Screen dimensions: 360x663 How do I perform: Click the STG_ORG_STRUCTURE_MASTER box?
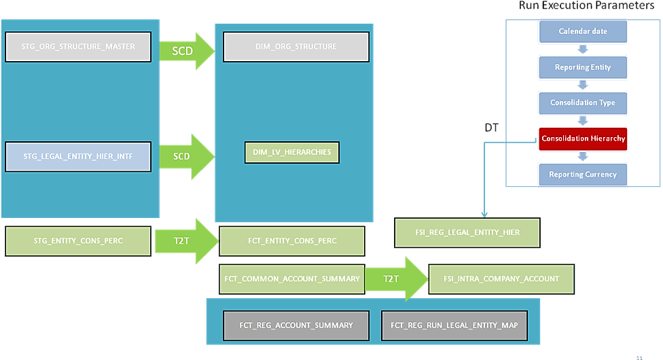tap(78, 47)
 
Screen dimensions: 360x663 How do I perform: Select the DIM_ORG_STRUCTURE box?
tap(295, 47)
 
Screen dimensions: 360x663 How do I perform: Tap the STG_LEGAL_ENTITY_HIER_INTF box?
tap(78, 156)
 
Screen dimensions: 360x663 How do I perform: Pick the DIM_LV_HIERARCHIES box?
tap(291, 152)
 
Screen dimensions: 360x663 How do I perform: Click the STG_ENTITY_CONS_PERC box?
tap(78, 241)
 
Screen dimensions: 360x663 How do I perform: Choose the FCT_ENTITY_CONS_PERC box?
tap(292, 241)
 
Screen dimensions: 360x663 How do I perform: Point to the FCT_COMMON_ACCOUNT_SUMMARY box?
tap(292, 279)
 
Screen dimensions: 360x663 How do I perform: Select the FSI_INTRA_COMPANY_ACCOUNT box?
tap(501, 279)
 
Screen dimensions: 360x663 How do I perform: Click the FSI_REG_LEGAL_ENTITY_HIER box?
tap(467, 232)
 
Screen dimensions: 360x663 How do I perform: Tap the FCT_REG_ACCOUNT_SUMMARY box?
tap(296, 325)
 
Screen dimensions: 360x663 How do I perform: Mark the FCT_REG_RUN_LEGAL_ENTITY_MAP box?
tap(454, 325)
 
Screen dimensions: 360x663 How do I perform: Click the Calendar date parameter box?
tap(583, 31)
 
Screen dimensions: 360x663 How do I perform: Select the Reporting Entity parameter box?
tap(583, 67)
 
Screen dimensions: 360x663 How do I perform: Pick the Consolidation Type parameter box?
tap(583, 103)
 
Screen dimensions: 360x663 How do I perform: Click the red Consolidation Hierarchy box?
tap(583, 139)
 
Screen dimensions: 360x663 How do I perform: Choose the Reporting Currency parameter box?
tap(583, 175)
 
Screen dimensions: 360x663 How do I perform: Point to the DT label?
tap(492, 127)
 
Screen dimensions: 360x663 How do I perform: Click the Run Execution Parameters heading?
tap(586, 5)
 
